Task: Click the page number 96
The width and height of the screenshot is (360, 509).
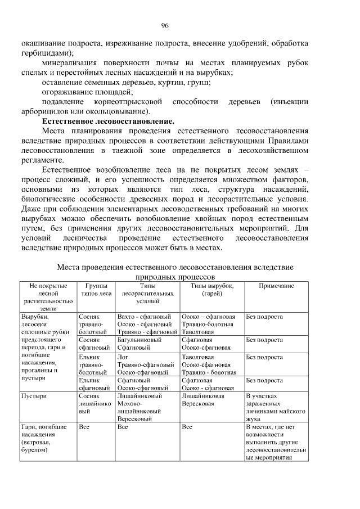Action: click(165, 25)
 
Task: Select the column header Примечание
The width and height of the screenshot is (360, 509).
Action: click(276, 286)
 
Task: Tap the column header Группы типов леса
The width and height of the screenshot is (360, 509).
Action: click(96, 290)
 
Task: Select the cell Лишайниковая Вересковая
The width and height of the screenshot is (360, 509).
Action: click(203, 400)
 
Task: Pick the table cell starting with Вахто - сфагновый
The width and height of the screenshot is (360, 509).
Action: click(147, 325)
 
